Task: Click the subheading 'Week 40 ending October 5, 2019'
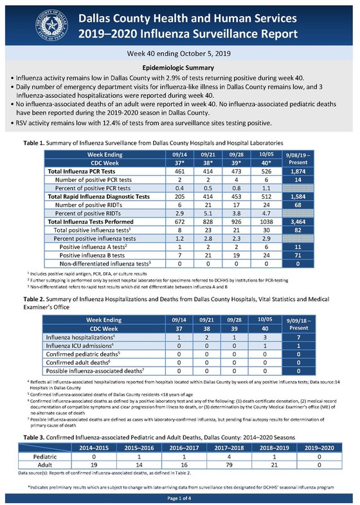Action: click(x=180, y=55)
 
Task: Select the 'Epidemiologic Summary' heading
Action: click(x=180, y=68)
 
